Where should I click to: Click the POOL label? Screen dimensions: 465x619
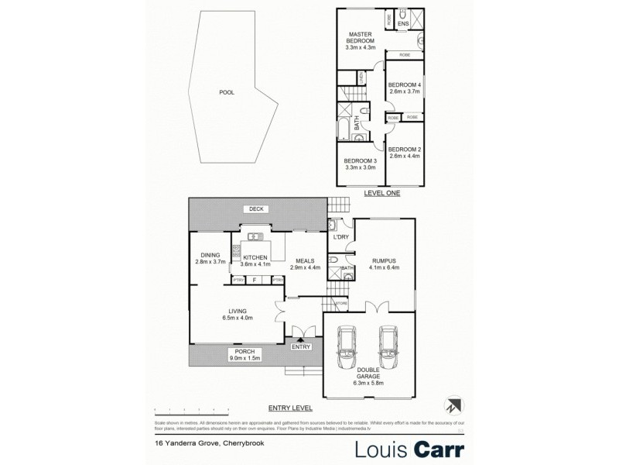(x=226, y=92)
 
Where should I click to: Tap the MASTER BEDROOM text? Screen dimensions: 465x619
(x=361, y=35)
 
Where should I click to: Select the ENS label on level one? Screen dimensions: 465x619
(x=402, y=24)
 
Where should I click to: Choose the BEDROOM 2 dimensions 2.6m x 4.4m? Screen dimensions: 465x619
(x=404, y=156)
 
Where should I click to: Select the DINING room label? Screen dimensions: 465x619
(x=210, y=255)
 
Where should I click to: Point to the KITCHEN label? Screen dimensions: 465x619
(x=255, y=257)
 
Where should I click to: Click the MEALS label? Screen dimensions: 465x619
(x=303, y=261)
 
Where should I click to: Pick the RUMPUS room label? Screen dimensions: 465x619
(x=384, y=261)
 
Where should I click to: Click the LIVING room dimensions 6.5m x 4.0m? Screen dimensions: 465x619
(x=238, y=318)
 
